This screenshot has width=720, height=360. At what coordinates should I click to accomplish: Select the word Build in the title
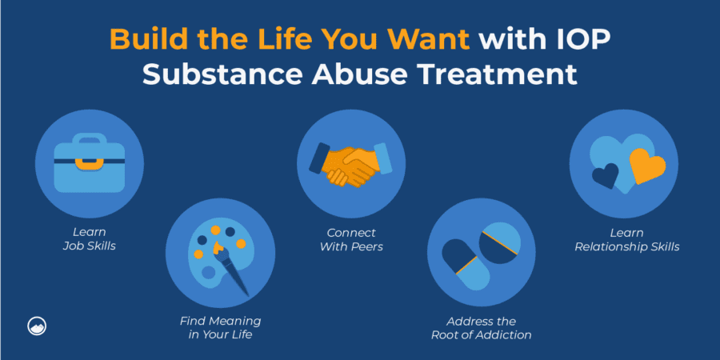(149, 39)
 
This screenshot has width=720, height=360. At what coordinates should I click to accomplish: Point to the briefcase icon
(89, 164)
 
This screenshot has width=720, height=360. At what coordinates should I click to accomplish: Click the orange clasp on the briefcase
(89, 162)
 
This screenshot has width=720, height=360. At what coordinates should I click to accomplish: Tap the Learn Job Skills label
(89, 239)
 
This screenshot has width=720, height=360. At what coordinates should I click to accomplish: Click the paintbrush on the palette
(234, 265)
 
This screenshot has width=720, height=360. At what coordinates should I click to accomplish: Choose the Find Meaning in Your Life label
(220, 327)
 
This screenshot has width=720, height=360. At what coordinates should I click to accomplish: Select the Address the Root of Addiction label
(482, 328)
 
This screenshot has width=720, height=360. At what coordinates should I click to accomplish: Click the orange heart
(647, 166)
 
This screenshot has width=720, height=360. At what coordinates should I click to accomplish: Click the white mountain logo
(36, 326)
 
